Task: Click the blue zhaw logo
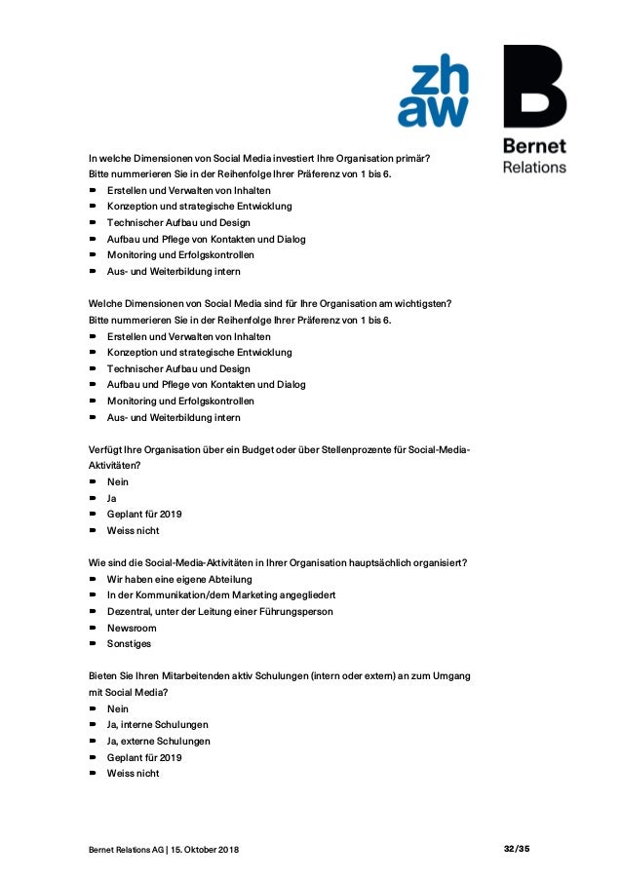coord(432,91)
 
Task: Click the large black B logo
coord(533,88)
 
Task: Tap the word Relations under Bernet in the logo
coord(533,167)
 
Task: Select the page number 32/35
coord(517,850)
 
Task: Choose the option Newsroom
coord(132,628)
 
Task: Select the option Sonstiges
coord(129,644)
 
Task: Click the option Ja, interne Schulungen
coord(158,725)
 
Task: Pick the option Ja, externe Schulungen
coord(159,741)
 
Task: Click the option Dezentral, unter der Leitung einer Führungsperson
coord(219,611)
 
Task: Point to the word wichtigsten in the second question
coord(419,304)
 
